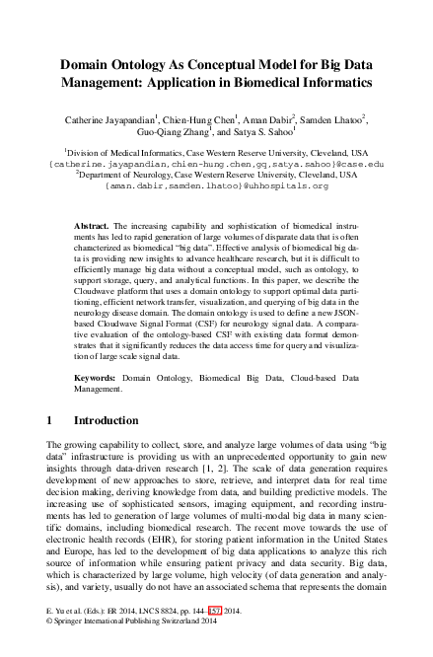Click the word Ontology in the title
pyautogui.click(x=147, y=61)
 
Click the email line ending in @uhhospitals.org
pyautogui.click(x=216, y=184)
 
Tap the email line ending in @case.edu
pyautogui.click(x=216, y=164)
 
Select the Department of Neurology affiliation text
pyautogui.click(x=216, y=174)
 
